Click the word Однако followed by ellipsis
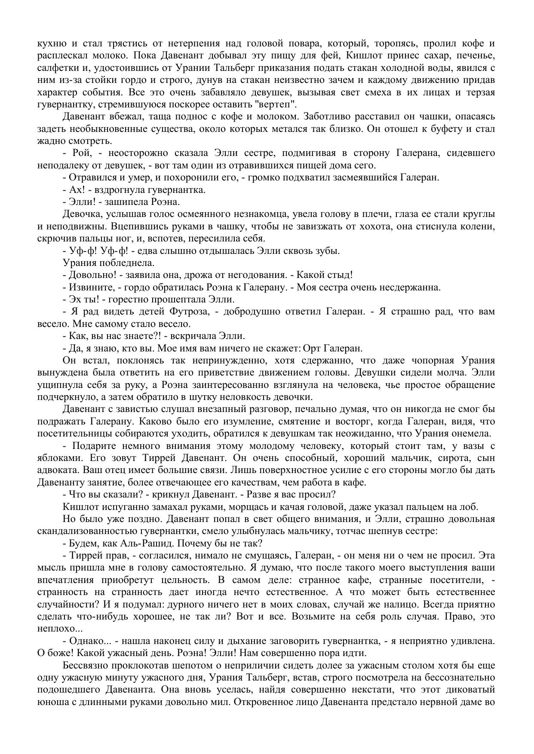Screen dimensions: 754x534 tap(91, 641)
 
